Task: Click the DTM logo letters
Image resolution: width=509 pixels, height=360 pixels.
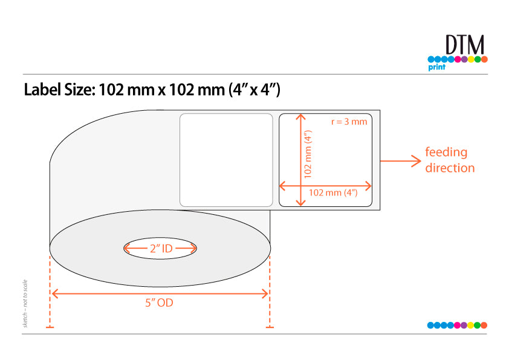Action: (x=464, y=45)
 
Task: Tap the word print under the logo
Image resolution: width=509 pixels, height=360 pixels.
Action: (x=436, y=67)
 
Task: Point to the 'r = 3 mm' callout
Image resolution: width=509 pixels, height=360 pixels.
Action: (x=349, y=122)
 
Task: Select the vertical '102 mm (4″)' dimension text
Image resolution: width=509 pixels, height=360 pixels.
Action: (x=308, y=154)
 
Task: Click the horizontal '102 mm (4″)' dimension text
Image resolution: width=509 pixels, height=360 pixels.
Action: (x=333, y=192)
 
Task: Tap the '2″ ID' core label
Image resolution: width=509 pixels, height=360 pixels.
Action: (x=161, y=249)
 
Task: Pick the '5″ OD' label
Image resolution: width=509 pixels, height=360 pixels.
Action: (x=159, y=303)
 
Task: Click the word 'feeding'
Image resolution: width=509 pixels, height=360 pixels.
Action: (x=446, y=152)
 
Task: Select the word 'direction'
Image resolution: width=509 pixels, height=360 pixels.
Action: (x=450, y=168)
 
